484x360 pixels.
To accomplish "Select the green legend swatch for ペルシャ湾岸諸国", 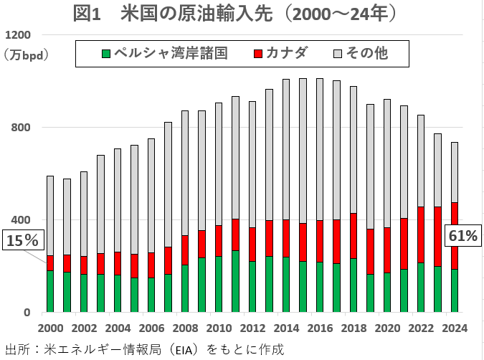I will pyautogui.click(x=105, y=53).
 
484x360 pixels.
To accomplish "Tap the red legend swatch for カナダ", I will pyautogui.click(x=259, y=53).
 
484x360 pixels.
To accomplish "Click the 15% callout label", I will pyautogui.click(x=22, y=241).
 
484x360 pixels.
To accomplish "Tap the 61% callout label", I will pyautogui.click(x=462, y=235).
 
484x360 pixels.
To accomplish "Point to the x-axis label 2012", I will pyautogui.click(x=252, y=328).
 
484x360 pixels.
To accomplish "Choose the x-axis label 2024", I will pyautogui.click(x=454, y=328).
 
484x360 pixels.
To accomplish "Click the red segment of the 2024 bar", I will pyautogui.click(x=454, y=235).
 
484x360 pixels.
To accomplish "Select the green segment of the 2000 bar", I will pyautogui.click(x=50, y=291).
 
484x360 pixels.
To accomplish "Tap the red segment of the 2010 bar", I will pyautogui.click(x=218, y=241).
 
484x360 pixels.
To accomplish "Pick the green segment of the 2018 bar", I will pyautogui.click(x=353, y=285).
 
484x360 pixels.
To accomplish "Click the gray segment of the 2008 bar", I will pyautogui.click(x=184, y=173).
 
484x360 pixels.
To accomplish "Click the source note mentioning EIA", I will pyautogui.click(x=144, y=350).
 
